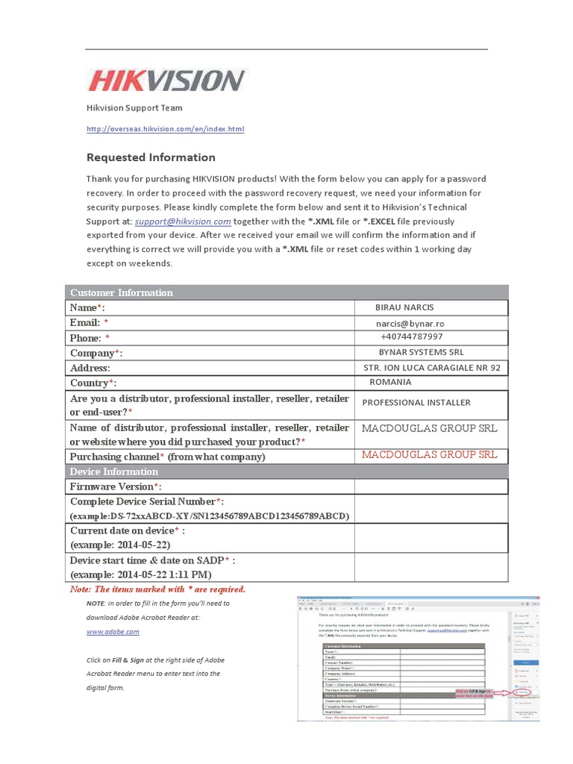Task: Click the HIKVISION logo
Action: tap(167, 81)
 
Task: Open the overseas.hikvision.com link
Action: tap(165, 129)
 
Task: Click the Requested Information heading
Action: tap(151, 157)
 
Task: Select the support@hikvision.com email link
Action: tap(183, 222)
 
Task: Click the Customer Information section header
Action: tap(121, 292)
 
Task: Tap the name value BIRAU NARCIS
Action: tap(404, 307)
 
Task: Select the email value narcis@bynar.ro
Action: tap(410, 324)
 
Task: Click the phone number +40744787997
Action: tap(411, 337)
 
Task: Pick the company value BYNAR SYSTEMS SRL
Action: tap(421, 352)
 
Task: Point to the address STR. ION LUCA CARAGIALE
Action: tap(431, 368)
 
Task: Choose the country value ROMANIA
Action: tap(390, 382)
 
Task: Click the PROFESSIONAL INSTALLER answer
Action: tap(416, 403)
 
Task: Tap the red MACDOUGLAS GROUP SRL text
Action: tap(429, 454)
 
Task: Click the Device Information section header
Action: tap(113, 472)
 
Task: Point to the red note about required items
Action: tap(157, 589)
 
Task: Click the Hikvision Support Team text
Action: tap(134, 108)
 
